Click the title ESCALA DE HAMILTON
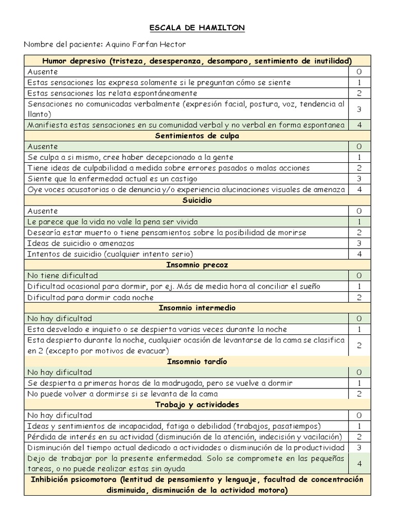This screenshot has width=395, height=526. (x=197, y=28)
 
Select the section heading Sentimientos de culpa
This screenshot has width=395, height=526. (x=197, y=136)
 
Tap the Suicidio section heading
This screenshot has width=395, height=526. (x=197, y=200)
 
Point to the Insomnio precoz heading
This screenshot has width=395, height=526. (x=197, y=265)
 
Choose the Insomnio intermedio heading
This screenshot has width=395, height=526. (x=197, y=308)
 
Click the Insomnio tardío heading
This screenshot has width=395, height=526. (x=197, y=362)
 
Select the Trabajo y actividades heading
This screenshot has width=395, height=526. (x=197, y=405)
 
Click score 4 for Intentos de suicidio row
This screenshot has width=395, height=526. (x=360, y=254)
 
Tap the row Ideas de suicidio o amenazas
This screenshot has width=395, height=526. (x=81, y=243)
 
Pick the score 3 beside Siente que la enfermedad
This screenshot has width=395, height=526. (x=360, y=179)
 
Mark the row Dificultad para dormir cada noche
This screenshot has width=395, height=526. (x=91, y=297)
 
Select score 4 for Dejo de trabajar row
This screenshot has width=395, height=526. (x=360, y=463)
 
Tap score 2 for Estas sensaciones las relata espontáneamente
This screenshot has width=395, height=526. (x=360, y=93)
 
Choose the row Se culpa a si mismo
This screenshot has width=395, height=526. (x=130, y=157)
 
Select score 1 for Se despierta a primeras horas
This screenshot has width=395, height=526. (x=360, y=383)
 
